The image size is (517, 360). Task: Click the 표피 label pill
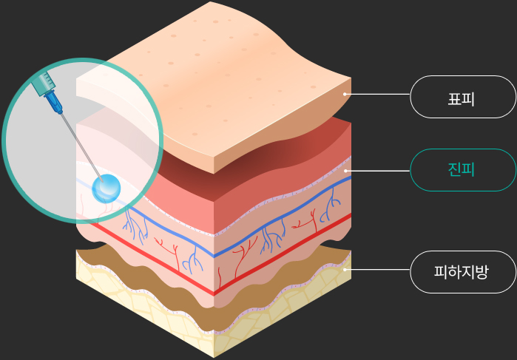point(463,96)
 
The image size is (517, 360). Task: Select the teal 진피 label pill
point(463,170)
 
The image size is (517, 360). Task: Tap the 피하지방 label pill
point(463,272)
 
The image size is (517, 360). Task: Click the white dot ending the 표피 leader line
point(345,95)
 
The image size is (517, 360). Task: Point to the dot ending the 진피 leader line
point(345,170)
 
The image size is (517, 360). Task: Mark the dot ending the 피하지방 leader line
point(345,270)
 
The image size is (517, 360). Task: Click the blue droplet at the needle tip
point(107,189)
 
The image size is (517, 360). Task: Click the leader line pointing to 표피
point(377,95)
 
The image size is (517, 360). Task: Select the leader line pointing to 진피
point(377,170)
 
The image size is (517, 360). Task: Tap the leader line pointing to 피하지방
point(377,270)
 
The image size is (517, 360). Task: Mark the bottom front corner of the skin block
point(214,356)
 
